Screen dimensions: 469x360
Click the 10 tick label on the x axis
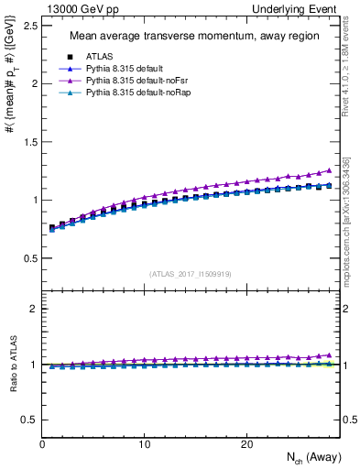click(144, 444)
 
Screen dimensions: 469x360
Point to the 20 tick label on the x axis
click(246, 444)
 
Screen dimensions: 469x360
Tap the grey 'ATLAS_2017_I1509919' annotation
click(191, 273)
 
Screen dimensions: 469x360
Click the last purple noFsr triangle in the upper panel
click(330, 170)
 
